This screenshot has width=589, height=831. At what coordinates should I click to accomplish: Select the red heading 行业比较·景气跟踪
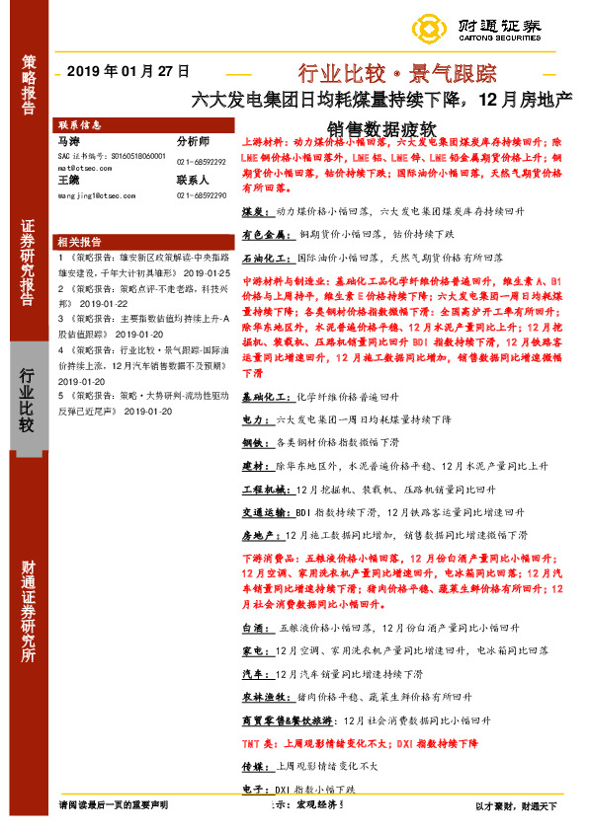[x=397, y=72]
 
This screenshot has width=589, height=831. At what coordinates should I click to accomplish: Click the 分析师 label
[x=194, y=142]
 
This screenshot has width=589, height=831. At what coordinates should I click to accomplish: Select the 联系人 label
[x=194, y=181]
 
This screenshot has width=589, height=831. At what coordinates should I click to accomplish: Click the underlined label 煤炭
[x=253, y=211]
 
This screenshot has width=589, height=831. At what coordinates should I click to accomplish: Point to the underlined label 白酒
[x=253, y=628]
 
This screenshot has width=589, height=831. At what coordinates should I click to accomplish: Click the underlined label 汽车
[x=253, y=674]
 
